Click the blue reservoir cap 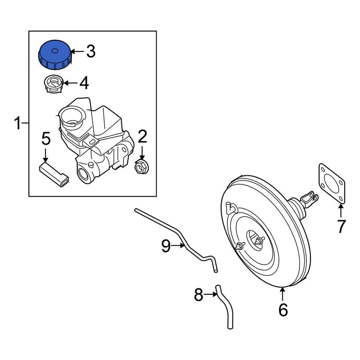point(54,55)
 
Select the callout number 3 point(90,51)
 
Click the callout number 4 point(84,83)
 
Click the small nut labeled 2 point(141,167)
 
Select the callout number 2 point(142,137)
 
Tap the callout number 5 point(45,139)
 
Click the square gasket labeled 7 point(332,184)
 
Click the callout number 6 point(283,310)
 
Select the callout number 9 point(166,246)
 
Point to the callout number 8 point(198,295)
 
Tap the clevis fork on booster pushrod point(309,199)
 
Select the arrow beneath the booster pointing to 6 point(283,294)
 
